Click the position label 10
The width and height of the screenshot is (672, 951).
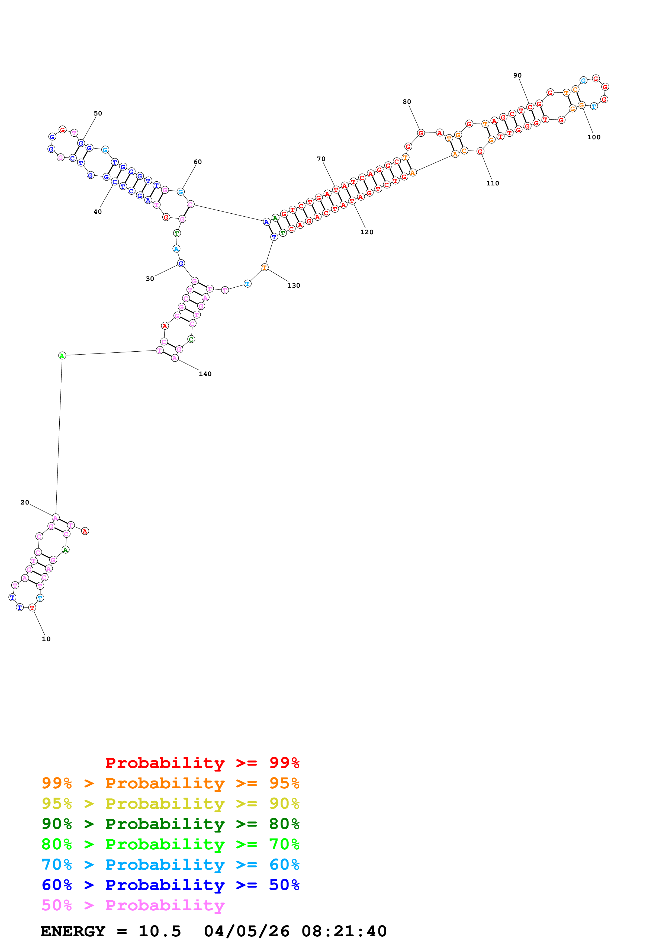[x=46, y=639]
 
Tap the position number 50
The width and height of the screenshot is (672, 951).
[x=98, y=113]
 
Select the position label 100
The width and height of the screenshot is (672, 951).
[x=594, y=137]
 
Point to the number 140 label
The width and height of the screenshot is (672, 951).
[x=205, y=374]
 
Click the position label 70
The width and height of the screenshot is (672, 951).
[x=321, y=159]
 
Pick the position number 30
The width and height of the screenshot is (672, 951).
[x=150, y=279]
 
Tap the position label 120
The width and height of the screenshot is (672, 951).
[x=366, y=232]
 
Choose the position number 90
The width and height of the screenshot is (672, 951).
[x=517, y=75]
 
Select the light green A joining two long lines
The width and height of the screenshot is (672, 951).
[x=62, y=355]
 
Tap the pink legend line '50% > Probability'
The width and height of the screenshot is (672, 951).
[x=133, y=905]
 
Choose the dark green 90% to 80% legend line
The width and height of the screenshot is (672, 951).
[x=170, y=824]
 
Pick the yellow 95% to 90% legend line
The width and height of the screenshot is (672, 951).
[x=170, y=804]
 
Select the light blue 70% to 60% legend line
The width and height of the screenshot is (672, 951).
[x=170, y=865]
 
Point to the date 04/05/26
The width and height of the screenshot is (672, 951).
[x=246, y=931]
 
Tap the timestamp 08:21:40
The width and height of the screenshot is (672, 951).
[x=344, y=931]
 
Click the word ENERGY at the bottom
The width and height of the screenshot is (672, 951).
[x=73, y=931]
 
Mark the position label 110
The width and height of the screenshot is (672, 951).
[x=492, y=183]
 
